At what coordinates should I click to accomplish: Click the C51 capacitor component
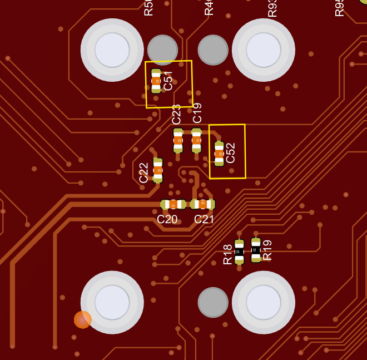156,81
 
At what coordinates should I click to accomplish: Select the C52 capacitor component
219,154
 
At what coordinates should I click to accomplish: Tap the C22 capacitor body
158,170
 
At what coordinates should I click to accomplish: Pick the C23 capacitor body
178,140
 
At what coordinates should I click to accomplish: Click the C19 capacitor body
196,140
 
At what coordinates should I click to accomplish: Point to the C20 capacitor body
173,204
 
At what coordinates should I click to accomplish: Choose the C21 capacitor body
202,204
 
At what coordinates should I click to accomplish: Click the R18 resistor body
239,251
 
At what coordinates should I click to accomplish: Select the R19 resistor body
256,250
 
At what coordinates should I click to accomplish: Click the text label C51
168,80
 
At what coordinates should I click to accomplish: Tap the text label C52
231,153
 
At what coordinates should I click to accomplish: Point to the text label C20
167,219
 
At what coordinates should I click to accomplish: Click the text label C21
204,219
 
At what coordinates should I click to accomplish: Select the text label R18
227,254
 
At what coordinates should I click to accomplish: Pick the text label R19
267,250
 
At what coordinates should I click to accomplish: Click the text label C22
144,172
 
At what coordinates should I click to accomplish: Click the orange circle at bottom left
83,319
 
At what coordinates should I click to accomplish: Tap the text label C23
176,114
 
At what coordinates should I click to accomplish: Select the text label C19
197,113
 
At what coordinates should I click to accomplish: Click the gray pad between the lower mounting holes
213,302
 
